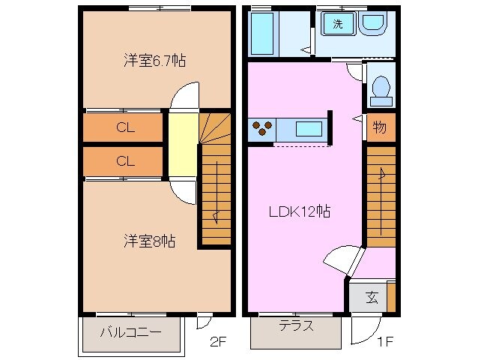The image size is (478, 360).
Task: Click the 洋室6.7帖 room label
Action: pyautogui.click(x=154, y=61)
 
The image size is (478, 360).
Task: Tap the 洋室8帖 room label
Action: pyautogui.click(x=150, y=241)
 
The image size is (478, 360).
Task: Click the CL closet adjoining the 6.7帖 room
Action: pyautogui.click(x=124, y=127)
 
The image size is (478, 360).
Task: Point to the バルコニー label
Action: pyautogui.click(x=131, y=331)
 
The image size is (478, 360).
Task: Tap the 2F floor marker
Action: pyautogui.click(x=217, y=343)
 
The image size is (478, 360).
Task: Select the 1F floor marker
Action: pyautogui.click(x=384, y=343)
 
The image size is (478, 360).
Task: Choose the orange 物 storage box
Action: pyautogui.click(x=380, y=128)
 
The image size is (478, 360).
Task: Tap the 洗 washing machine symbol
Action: pyautogui.click(x=338, y=24)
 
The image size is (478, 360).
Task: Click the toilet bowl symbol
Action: pyautogui.click(x=381, y=88)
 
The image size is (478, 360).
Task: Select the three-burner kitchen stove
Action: pyautogui.click(x=263, y=129)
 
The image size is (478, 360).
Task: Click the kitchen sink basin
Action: pyautogui.click(x=309, y=128)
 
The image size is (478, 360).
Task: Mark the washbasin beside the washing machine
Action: pyautogui.click(x=372, y=24)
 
